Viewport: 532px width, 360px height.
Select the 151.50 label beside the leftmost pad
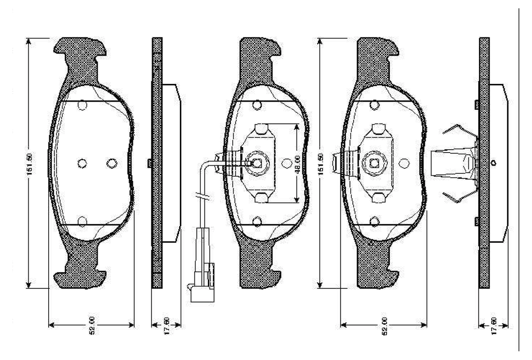[29, 164]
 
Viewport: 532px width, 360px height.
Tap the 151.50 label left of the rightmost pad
[320, 164]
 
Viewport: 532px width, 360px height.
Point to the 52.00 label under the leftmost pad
[92, 325]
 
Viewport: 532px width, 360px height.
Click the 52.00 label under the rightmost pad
[384, 326]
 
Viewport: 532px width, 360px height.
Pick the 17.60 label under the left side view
[167, 326]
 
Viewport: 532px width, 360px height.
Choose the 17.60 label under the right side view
[494, 326]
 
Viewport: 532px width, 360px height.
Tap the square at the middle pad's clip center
[257, 163]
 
